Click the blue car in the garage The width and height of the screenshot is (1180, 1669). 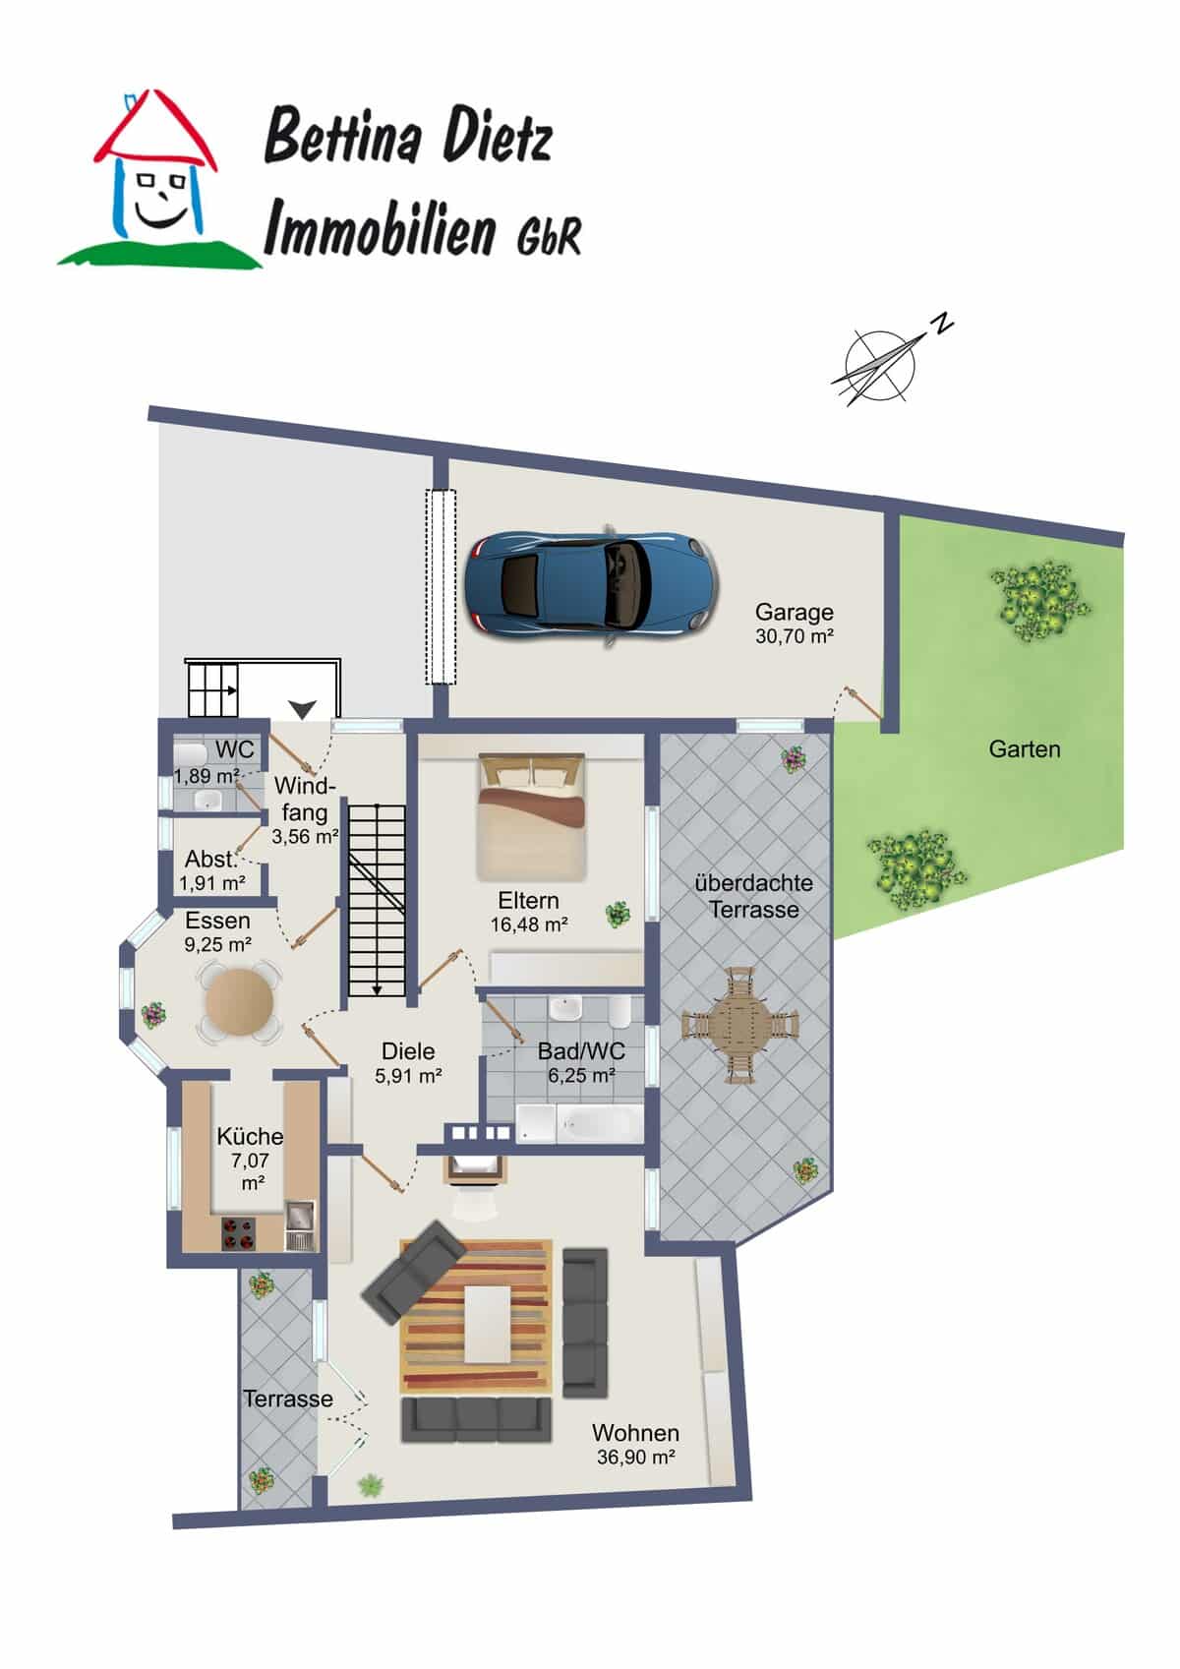pyautogui.click(x=592, y=585)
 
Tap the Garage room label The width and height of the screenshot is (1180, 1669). pyautogui.click(x=795, y=612)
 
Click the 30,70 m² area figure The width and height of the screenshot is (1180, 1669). pyautogui.click(x=795, y=636)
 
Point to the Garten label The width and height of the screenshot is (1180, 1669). pyautogui.click(x=1025, y=748)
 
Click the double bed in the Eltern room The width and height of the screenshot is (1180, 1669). pyautogui.click(x=531, y=816)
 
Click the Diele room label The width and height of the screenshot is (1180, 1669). pyautogui.click(x=408, y=1051)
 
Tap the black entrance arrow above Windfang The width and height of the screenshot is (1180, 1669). pyautogui.click(x=303, y=709)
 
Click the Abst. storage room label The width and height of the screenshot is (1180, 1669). pyautogui.click(x=210, y=860)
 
